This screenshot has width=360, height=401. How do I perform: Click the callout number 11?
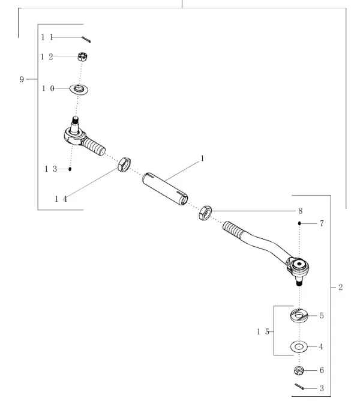47,37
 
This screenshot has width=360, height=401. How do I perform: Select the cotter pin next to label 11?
86,40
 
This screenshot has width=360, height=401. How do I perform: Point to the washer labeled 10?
79,89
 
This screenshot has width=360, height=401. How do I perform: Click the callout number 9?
22,79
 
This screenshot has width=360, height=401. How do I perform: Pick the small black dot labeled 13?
70,169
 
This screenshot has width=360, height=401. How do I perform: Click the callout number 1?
202,158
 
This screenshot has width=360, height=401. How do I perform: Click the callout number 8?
300,211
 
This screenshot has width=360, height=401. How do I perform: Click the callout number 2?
340,288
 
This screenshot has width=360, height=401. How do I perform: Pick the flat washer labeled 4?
298,347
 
